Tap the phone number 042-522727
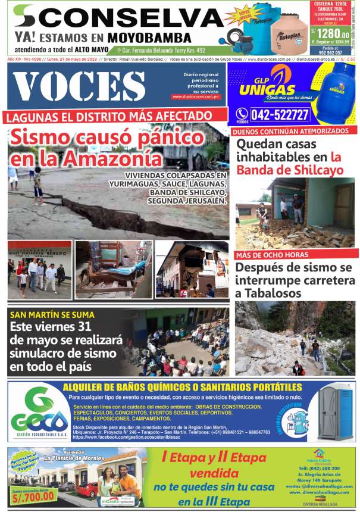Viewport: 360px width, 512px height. tap(280, 114)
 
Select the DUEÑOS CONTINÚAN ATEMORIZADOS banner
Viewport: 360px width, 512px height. tap(290, 130)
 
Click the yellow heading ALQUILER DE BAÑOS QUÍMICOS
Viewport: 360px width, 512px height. tap(179, 388)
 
